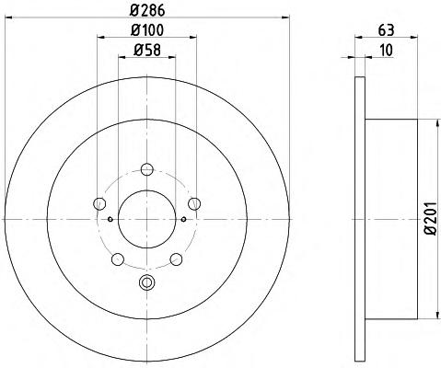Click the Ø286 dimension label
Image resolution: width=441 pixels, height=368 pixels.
pyautogui.click(x=147, y=11)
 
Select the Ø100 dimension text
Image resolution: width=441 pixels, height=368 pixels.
pyautogui.click(x=147, y=30)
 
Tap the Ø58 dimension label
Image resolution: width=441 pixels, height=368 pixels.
pyautogui.click(x=147, y=50)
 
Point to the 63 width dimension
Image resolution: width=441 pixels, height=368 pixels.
pyautogui.click(x=386, y=30)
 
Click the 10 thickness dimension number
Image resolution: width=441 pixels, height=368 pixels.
pyautogui.click(x=386, y=50)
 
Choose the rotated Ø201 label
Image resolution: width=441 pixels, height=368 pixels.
pyautogui.click(x=431, y=218)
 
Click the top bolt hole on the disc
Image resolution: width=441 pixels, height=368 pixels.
pyautogui.click(x=147, y=169)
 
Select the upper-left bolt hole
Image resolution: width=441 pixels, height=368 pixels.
pyautogui.click(x=99, y=203)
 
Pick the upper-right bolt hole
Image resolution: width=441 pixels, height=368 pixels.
pyautogui.click(x=194, y=203)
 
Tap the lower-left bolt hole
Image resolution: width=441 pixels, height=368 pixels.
pyautogui.click(x=118, y=259)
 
